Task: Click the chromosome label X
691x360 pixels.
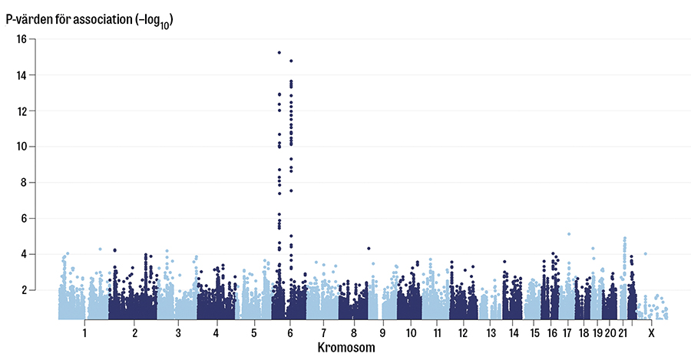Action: point(651,334)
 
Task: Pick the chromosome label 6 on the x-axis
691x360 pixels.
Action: point(290,334)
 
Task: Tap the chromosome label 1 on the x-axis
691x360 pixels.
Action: point(84,334)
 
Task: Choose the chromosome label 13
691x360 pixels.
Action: point(491,334)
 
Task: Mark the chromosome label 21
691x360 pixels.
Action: point(623,334)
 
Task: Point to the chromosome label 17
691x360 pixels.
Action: point(567,334)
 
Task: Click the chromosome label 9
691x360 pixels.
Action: point(382,334)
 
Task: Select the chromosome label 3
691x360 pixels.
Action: point(178,334)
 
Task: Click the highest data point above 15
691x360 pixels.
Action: point(279,52)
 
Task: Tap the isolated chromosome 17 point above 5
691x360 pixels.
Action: point(569,234)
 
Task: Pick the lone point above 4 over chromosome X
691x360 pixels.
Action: point(646,253)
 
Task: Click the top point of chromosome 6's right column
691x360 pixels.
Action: point(291,61)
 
